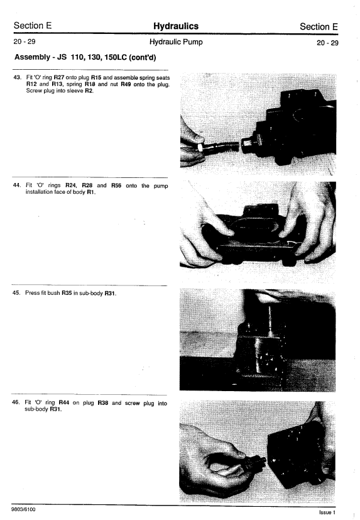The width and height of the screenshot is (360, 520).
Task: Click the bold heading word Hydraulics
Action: point(176,26)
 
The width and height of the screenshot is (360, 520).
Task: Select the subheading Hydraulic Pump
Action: point(176,41)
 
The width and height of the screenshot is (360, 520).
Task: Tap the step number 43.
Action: point(17,77)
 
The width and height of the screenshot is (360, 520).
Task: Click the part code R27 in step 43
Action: point(58,77)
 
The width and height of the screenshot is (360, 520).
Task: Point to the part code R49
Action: point(126,84)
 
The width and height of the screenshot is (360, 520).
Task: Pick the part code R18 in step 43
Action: point(90,84)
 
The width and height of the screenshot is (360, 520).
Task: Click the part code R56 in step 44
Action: point(116,185)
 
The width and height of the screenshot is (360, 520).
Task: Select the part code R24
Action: point(70,185)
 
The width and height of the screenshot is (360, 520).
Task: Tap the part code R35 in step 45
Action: point(67,293)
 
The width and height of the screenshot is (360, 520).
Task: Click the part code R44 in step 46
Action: point(63,402)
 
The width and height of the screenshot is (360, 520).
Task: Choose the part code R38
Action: point(103,403)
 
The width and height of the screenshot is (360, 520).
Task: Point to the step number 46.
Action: point(16,402)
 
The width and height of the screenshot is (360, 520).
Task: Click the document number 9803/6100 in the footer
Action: point(23,509)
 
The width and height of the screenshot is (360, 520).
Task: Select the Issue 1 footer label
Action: point(327,512)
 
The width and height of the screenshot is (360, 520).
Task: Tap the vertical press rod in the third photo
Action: point(270,320)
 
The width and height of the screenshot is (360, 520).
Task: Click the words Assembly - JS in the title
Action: point(40,57)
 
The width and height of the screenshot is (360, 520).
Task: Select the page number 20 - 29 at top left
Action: point(25,41)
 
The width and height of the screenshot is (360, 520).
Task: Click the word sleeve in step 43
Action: point(75,91)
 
